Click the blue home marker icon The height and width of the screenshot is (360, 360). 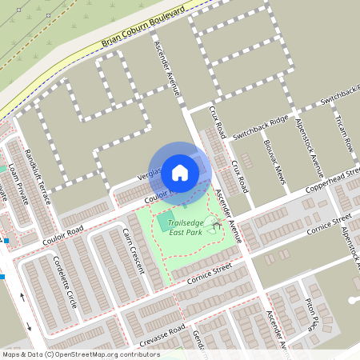click(180, 172)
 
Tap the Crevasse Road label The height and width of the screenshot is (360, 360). click(161, 337)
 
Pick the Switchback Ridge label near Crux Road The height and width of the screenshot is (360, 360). click(261, 126)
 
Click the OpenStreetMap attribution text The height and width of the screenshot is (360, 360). click(70, 354)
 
